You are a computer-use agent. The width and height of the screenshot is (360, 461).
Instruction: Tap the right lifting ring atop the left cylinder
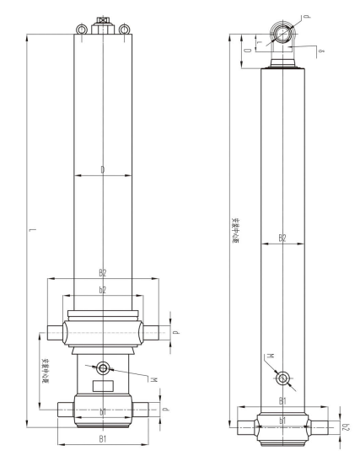click(x=124, y=30)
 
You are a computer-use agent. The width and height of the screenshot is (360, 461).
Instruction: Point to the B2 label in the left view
click(x=102, y=273)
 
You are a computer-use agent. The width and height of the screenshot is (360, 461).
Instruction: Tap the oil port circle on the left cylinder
click(x=103, y=367)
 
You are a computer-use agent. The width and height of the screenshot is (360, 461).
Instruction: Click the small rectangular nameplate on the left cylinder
click(x=103, y=386)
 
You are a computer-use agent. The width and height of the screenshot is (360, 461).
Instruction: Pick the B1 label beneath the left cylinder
click(x=102, y=439)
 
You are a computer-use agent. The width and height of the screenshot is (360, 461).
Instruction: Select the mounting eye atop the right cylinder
click(x=281, y=34)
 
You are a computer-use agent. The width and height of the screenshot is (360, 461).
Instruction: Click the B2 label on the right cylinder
click(x=282, y=239)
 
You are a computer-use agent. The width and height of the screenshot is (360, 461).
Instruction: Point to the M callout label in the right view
click(x=269, y=356)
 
